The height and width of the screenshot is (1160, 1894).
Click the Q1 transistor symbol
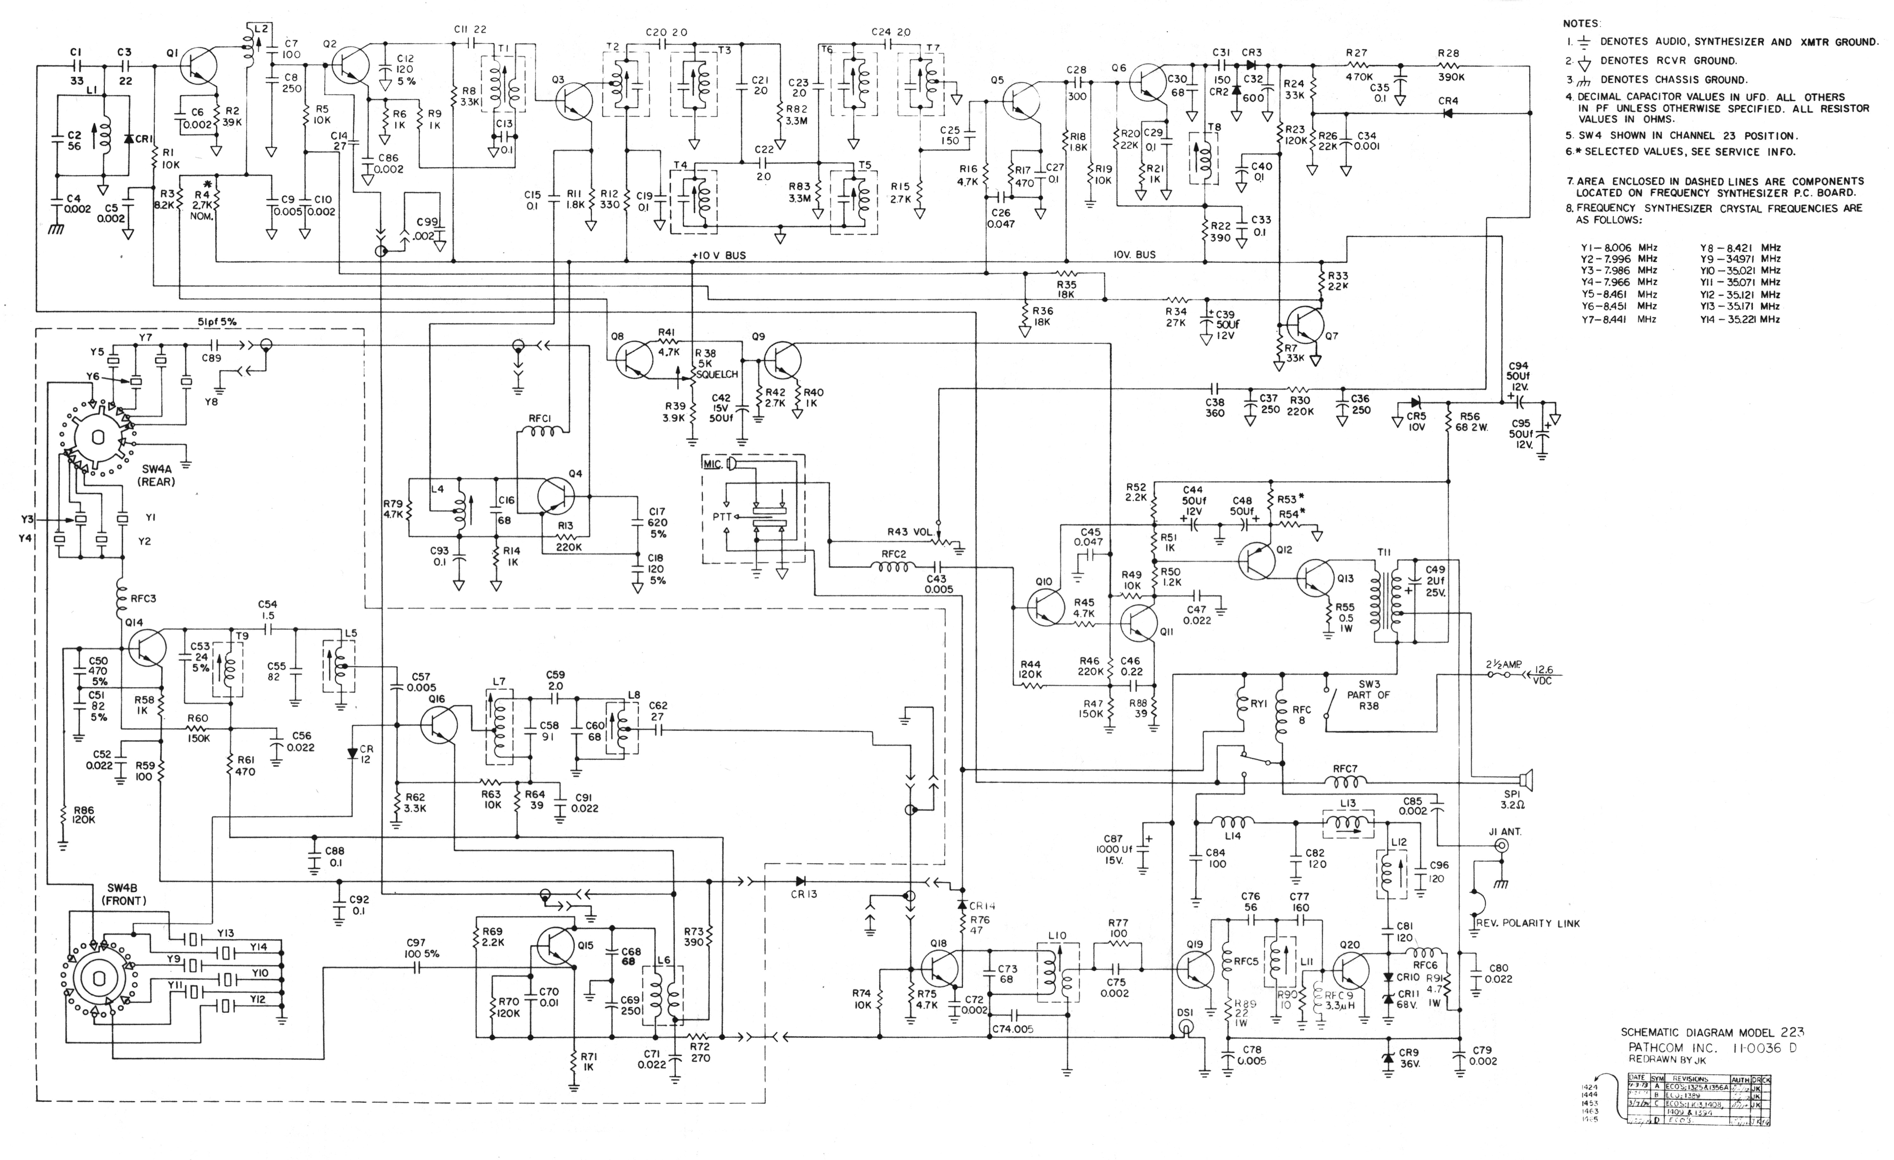tap(200, 66)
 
